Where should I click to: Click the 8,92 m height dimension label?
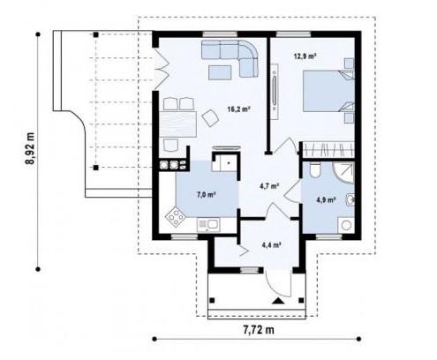click(30, 153)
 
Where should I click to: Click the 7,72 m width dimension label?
click(259, 330)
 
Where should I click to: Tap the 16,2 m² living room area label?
click(238, 109)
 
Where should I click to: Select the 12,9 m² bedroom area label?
click(305, 56)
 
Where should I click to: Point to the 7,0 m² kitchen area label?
click(206, 194)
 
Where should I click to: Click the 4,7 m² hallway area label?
click(269, 186)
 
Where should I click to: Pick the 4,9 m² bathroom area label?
click(326, 200)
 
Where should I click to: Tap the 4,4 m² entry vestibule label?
click(272, 244)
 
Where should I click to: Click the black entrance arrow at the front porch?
click(278, 301)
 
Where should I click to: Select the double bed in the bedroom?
click(328, 91)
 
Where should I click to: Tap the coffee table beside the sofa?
click(220, 72)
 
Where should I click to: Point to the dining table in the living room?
click(177, 124)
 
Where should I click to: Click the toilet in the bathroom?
click(315, 170)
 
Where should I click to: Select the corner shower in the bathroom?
click(343, 173)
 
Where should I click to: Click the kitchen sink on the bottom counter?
click(208, 225)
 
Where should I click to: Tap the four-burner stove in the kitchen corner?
click(175, 217)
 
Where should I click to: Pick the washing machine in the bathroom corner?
click(346, 225)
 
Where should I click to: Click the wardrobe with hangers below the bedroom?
click(328, 149)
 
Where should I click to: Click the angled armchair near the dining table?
click(210, 117)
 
